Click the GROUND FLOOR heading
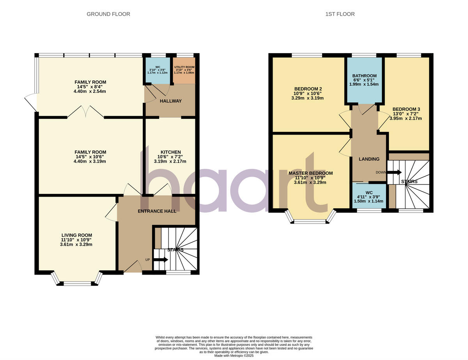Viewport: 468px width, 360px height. point(108,14)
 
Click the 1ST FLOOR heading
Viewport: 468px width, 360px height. point(340,14)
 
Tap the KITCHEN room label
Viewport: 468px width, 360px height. point(170,152)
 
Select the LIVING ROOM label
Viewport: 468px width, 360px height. point(77,235)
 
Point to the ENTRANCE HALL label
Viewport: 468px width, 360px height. point(157,211)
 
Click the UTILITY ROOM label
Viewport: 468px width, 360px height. point(184,67)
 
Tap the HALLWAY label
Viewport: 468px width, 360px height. point(170,101)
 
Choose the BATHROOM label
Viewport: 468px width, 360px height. point(364,76)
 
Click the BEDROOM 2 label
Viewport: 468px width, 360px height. point(308,89)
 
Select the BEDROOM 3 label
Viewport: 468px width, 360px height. point(406,109)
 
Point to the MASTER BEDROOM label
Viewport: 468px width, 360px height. point(310,173)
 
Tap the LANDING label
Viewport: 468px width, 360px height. point(369,159)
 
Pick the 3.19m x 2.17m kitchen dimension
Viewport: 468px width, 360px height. point(170,161)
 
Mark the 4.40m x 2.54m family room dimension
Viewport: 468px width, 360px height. point(90,91)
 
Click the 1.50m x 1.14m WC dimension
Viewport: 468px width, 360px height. point(369,201)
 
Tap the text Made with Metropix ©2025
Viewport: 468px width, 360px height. point(234,356)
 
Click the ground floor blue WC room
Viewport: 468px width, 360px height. point(158,71)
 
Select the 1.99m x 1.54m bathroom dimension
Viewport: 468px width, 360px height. point(364,84)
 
